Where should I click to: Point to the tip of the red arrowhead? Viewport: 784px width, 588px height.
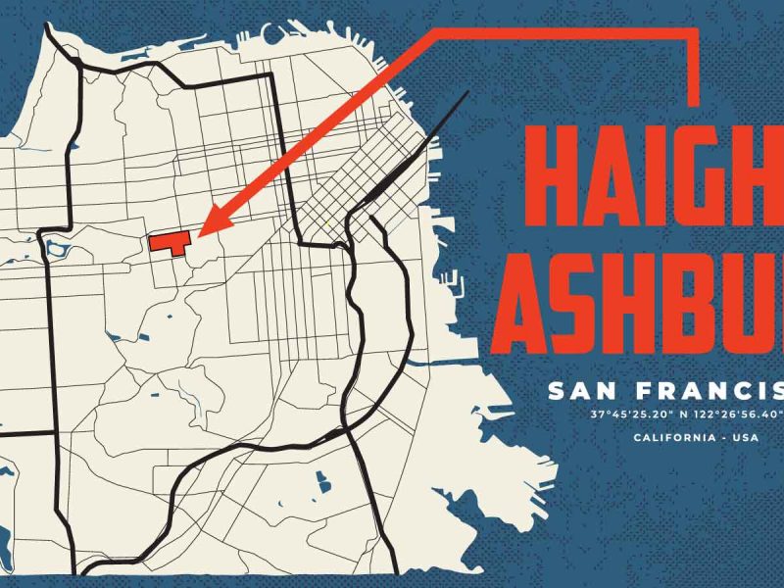pyautogui.click(x=199, y=235)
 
